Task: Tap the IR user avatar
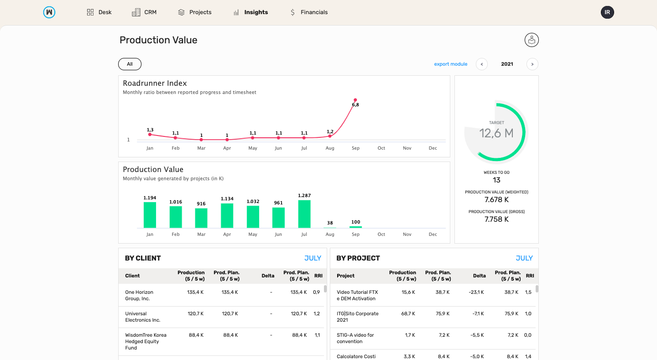607,12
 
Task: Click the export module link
450,64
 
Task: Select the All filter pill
130,64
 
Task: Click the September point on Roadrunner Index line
355,100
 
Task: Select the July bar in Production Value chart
304,214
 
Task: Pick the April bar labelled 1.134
227,215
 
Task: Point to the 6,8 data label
355,105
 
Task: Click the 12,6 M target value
496,133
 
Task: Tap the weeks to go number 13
496,180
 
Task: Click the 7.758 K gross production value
496,219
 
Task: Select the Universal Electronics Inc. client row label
143,317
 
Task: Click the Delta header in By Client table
268,276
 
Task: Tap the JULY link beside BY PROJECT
524,258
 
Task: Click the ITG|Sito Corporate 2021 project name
357,317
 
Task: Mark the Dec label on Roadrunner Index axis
433,148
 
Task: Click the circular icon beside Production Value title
532,40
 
